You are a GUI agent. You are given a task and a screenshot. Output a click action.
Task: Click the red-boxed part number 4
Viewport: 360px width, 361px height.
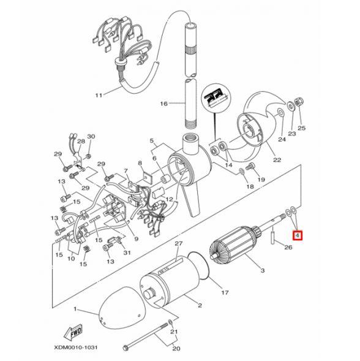click(298, 234)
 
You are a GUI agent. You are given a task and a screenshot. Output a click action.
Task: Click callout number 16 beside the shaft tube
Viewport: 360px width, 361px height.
click(163, 104)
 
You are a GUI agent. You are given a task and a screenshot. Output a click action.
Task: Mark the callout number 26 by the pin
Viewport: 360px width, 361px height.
click(288, 248)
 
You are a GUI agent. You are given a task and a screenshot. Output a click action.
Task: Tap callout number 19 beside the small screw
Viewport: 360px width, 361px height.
click(261, 180)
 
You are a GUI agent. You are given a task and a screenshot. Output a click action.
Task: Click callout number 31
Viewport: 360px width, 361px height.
click(127, 253)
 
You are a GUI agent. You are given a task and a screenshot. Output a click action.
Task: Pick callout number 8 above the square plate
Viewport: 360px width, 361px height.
click(140, 163)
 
